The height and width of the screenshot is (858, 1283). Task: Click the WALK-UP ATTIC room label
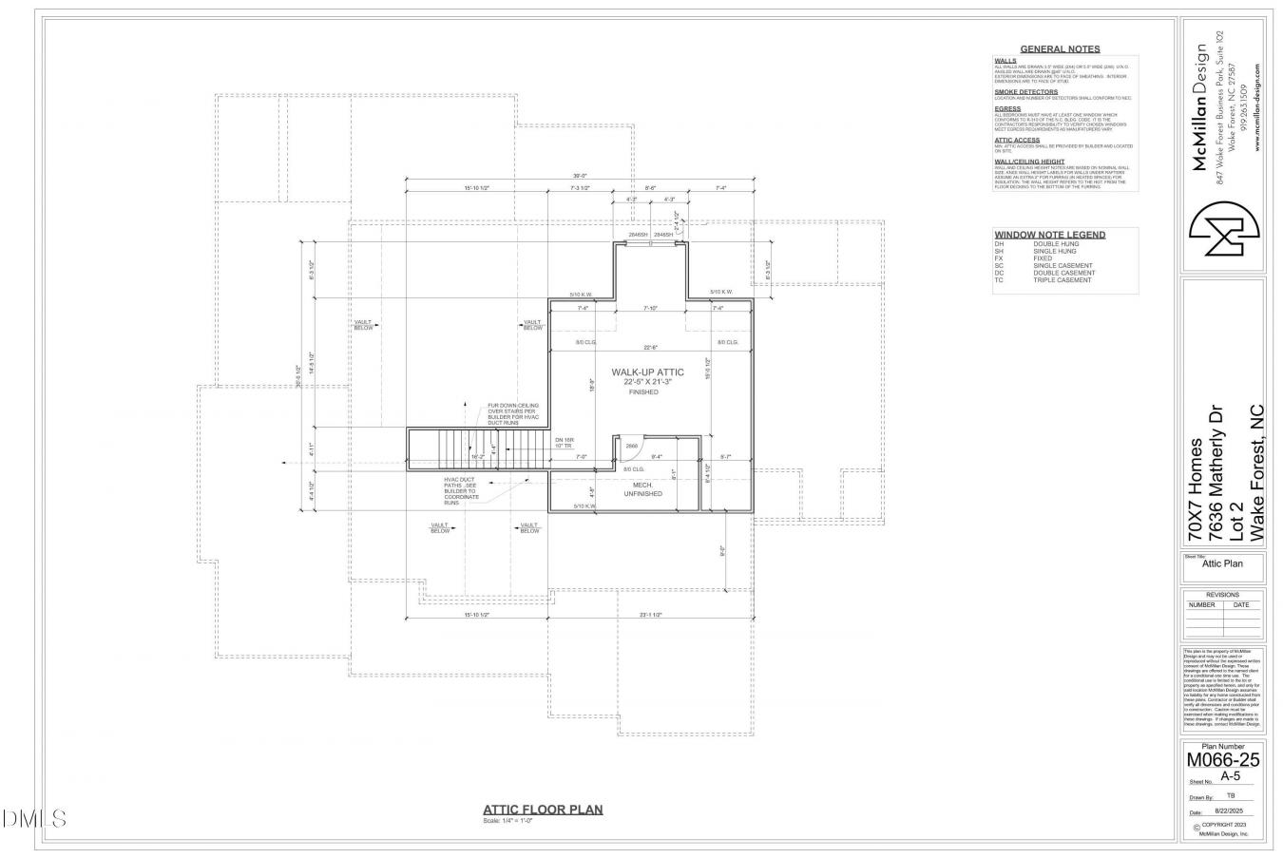point(647,372)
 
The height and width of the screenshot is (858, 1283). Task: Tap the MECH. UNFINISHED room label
point(642,489)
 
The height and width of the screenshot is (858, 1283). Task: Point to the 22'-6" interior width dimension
point(650,347)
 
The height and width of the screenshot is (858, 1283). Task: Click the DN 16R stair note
point(565,442)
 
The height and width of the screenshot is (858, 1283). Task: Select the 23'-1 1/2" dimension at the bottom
point(650,615)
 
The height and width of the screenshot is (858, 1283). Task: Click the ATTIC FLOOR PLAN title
point(543,810)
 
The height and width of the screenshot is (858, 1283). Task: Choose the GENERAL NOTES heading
point(1060,48)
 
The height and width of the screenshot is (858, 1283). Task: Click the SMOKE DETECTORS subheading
point(1025,92)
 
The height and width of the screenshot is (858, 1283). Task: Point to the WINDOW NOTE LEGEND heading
point(1049,235)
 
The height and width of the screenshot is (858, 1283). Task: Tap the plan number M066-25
point(1221,760)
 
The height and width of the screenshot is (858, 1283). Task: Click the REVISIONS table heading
point(1222,594)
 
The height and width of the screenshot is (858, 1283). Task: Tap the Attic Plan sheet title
point(1221,563)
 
